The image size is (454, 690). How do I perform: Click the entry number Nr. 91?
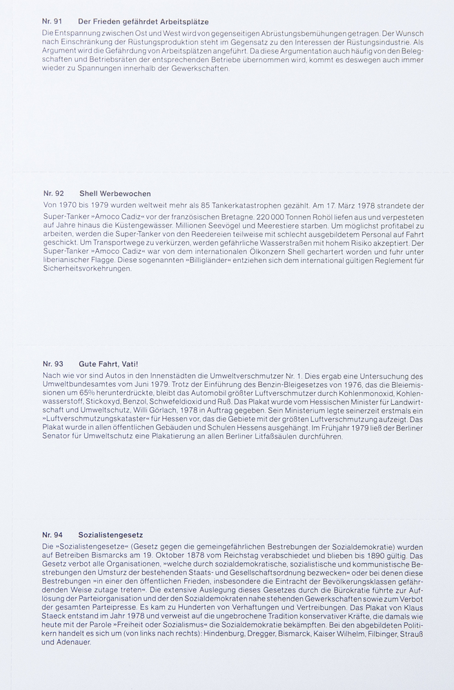pyautogui.click(x=52, y=22)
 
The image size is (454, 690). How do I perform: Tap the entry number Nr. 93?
pyautogui.click(x=52, y=364)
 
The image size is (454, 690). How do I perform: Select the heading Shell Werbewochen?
pyautogui.click(x=115, y=193)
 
